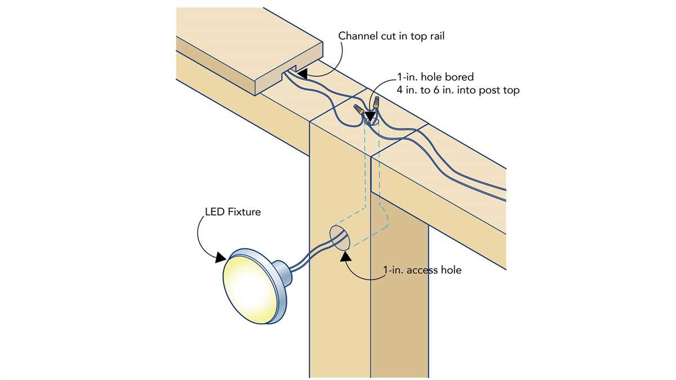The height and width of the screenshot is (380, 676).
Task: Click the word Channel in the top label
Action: [357, 35]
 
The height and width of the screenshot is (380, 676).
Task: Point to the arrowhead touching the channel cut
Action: [302, 73]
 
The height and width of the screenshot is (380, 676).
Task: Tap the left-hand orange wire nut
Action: [358, 108]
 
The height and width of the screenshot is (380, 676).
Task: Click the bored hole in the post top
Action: [370, 120]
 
